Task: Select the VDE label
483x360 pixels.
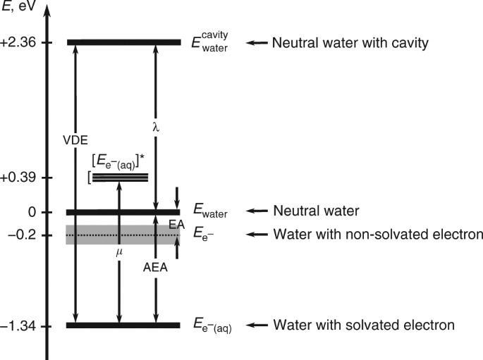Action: (75, 139)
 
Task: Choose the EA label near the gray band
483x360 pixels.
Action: (176, 223)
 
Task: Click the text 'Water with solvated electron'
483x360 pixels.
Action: (364, 325)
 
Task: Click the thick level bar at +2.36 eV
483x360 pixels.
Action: (123, 42)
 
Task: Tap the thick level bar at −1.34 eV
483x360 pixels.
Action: (123, 325)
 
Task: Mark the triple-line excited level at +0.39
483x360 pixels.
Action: (120, 178)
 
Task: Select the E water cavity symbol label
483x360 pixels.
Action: (211, 42)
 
